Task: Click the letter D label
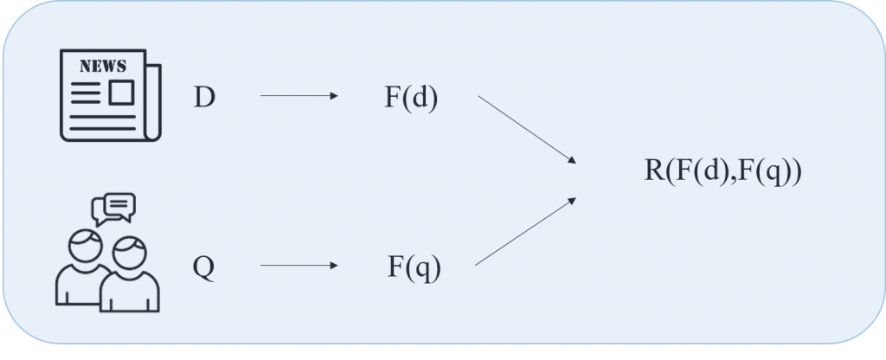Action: tap(204, 98)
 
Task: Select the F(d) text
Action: tap(411, 98)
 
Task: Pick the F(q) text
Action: tap(414, 267)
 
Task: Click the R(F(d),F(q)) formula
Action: tap(723, 170)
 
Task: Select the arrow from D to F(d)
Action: tap(299, 96)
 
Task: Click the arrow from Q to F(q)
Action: tap(299, 266)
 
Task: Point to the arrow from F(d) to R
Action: tap(526, 128)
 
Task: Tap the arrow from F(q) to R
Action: tap(526, 231)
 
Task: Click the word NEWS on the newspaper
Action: tap(102, 65)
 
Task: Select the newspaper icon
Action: tap(110, 94)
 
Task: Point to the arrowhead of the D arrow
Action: tap(334, 96)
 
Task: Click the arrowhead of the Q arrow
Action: tap(334, 266)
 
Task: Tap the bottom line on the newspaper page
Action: tap(102, 129)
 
